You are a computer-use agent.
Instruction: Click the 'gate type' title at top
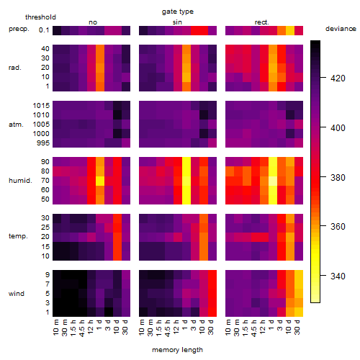[178, 12]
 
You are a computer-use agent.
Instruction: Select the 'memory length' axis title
[177, 350]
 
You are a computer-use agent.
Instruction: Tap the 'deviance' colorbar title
[341, 29]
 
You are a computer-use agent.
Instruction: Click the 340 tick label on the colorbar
[338, 276]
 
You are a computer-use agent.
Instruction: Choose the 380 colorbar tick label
[338, 178]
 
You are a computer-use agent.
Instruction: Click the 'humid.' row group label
[20, 181]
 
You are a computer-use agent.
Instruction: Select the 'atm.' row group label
[16, 125]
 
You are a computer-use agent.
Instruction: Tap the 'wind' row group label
[17, 294]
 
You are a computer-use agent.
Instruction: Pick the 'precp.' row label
[19, 29]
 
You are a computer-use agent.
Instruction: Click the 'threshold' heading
[40, 17]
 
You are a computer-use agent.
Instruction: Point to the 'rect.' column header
[262, 22]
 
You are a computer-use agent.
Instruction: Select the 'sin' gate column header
[177, 22]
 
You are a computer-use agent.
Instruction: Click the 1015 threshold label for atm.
[41, 106]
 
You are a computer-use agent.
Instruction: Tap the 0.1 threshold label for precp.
[44, 30]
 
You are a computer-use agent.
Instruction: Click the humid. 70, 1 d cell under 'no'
[100, 181]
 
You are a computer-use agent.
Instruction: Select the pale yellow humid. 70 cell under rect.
[273, 181]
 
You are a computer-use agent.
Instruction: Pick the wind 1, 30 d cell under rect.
[299, 312]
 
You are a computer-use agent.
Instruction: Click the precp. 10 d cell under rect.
[290, 30]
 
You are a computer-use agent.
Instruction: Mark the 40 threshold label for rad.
[45, 49]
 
